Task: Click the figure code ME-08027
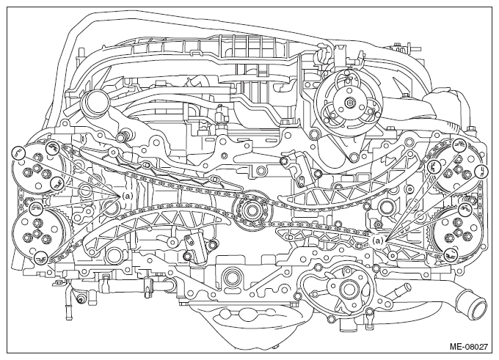pos(468,347)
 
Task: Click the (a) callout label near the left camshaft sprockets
pos(127,196)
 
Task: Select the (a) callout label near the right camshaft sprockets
pos(378,240)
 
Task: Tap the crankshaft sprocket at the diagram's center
pos(252,210)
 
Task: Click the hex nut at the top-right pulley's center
pos(349,103)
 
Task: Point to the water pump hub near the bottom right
pos(346,289)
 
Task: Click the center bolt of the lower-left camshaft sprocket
pos(36,234)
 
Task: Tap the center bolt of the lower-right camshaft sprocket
pos(458,234)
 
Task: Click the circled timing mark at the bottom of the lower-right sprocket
pos(451,254)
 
